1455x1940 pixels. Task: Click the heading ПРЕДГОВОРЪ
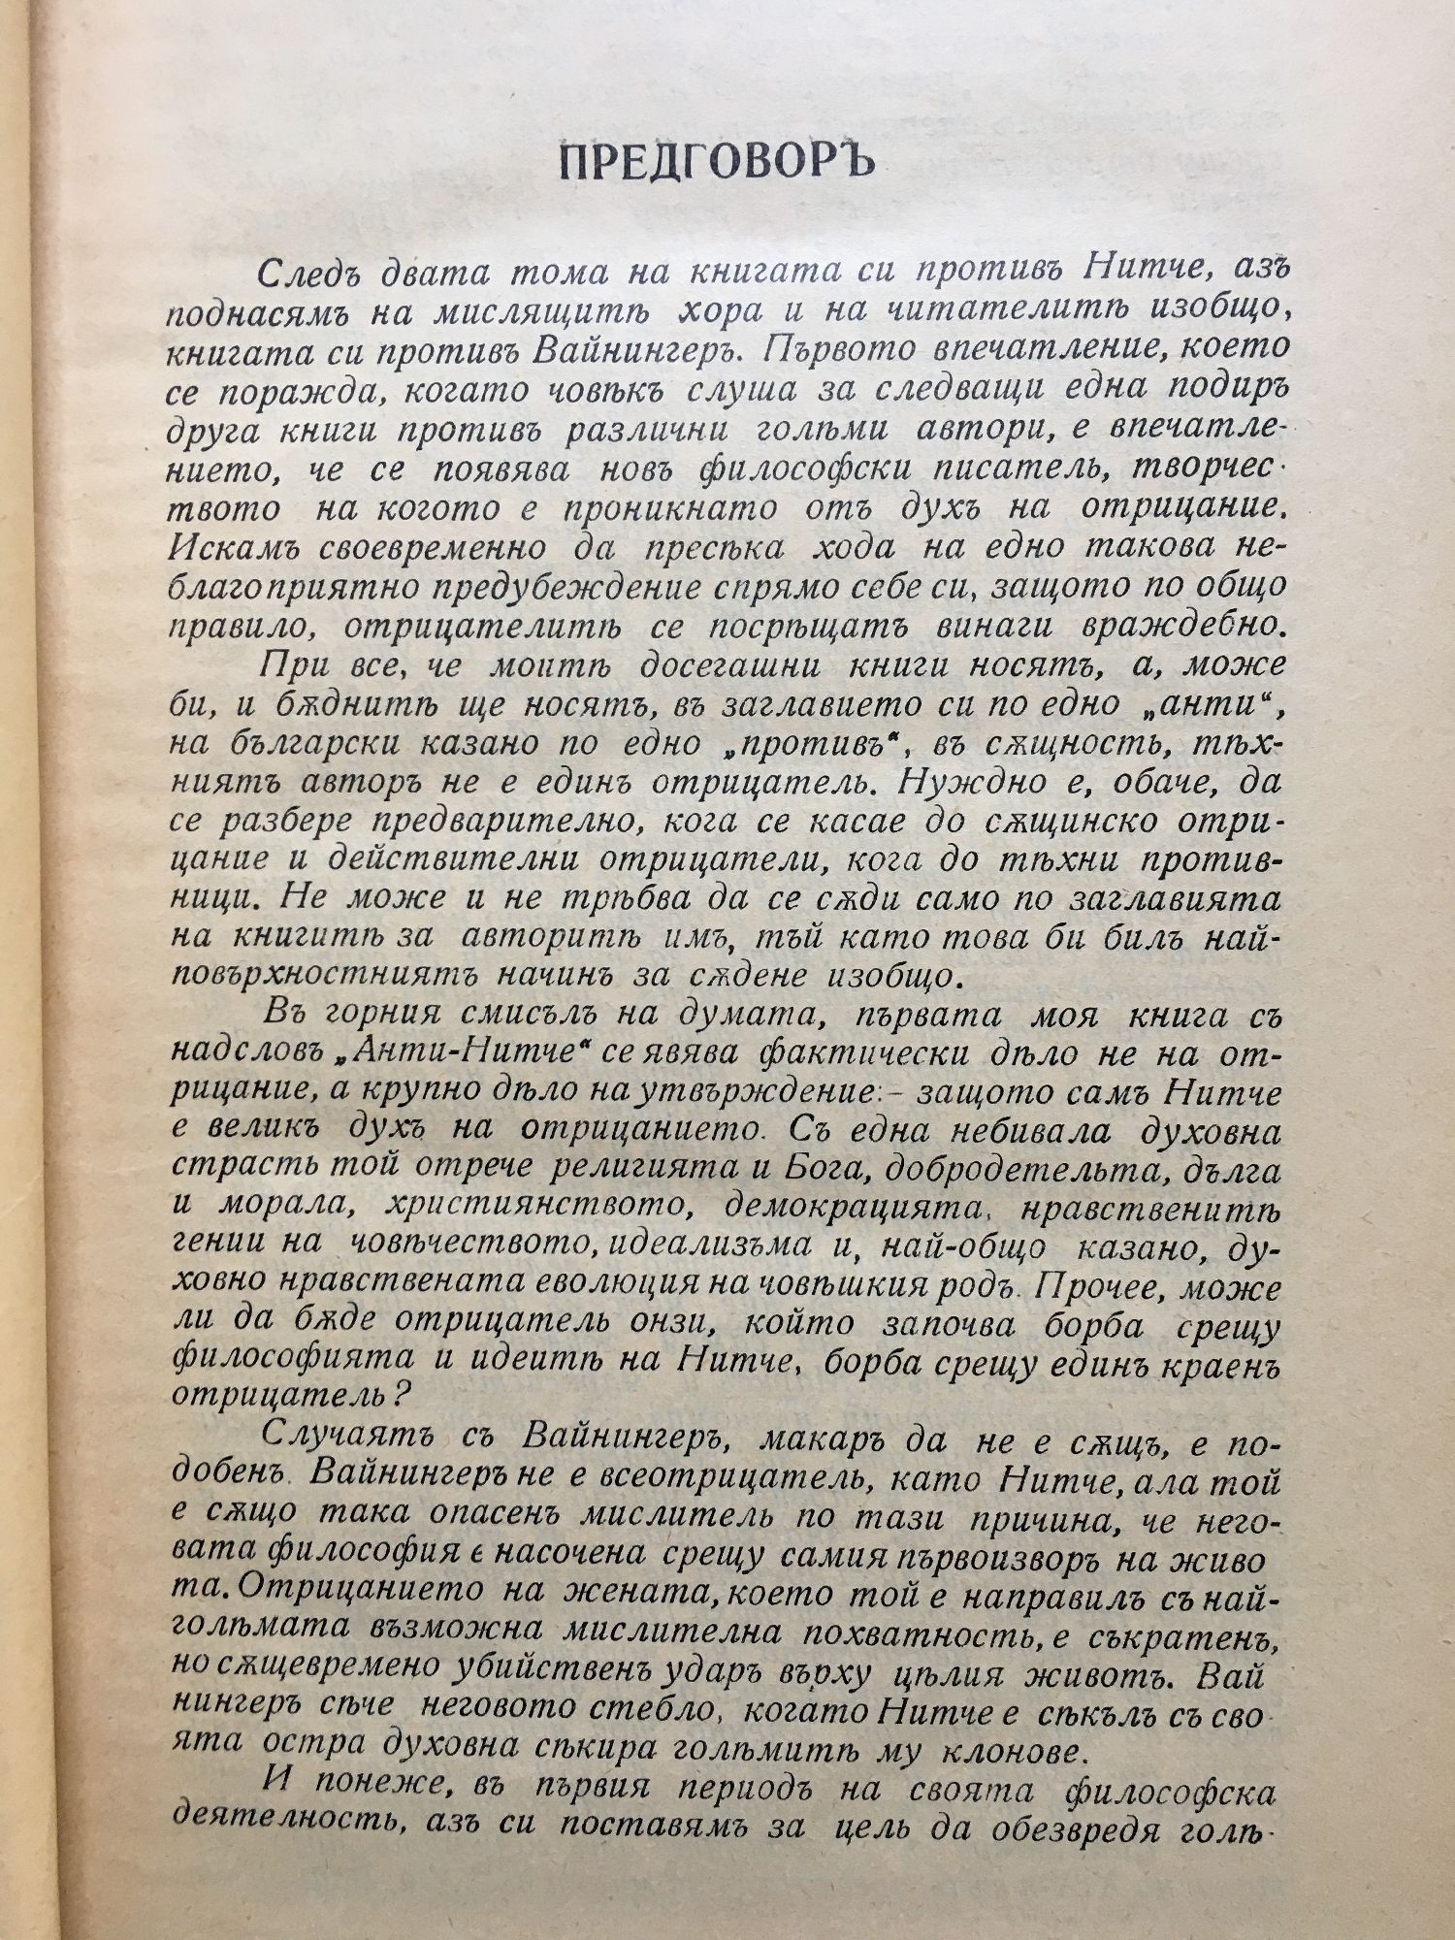717,166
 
